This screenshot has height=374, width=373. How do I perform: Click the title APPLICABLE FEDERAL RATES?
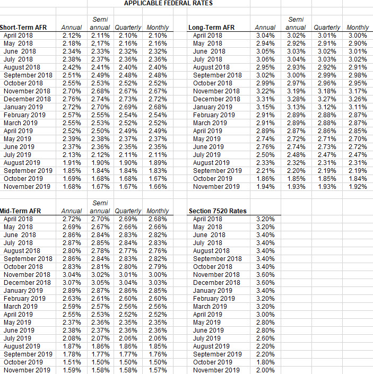coord(168,3)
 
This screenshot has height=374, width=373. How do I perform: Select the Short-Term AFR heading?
coord(23,27)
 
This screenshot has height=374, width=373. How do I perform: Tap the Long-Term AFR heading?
coord(211,27)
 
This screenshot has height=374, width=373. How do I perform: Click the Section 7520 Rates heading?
coord(218,211)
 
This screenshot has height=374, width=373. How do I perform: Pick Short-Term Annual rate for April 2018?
coord(72,35)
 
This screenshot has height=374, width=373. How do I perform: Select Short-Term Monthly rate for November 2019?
coord(157,186)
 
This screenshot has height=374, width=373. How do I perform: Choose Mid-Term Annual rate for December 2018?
coord(72,282)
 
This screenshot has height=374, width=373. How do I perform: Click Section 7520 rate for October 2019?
coord(265,362)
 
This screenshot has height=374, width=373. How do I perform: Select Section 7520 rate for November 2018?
coord(265,274)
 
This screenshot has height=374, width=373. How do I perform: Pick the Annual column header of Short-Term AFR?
coord(72,27)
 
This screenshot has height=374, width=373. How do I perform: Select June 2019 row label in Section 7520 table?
coord(209,330)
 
